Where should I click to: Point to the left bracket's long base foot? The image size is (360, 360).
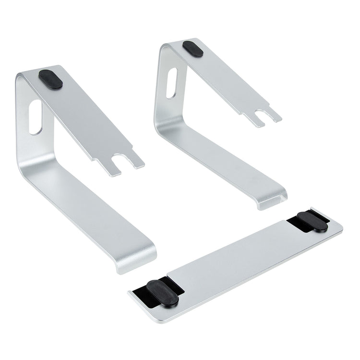pyautogui.click(x=96, y=211)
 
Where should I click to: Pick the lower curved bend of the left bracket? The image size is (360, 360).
pyautogui.click(x=29, y=168)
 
